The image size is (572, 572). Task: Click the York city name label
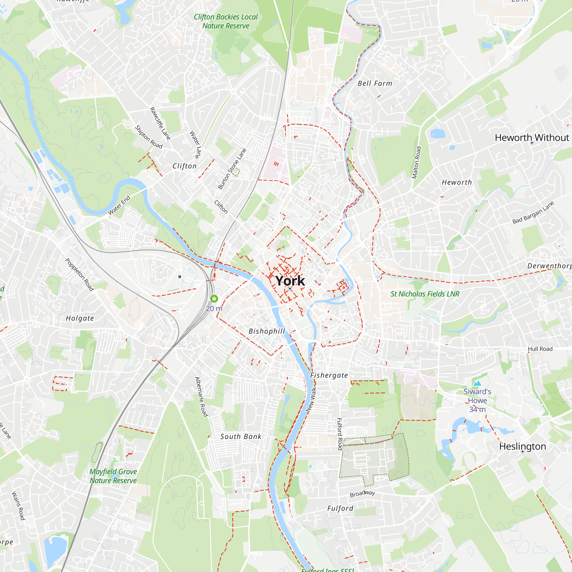(290, 281)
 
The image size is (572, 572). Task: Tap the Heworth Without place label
(532, 138)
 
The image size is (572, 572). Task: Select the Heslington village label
(523, 446)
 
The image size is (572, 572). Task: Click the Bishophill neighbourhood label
(267, 331)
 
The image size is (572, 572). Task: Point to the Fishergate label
(329, 375)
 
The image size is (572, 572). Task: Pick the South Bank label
(241, 436)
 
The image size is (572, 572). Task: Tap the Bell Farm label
(375, 84)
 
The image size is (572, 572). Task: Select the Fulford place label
(340, 508)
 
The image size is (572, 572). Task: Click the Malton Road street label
(417, 162)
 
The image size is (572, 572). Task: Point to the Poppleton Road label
(79, 275)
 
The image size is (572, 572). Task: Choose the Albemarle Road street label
(201, 397)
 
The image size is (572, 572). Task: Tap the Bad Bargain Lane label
(533, 212)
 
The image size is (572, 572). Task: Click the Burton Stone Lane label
(232, 169)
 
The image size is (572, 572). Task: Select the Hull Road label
(540, 349)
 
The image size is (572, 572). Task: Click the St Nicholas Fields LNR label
(425, 294)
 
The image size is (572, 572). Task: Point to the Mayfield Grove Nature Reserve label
(113, 476)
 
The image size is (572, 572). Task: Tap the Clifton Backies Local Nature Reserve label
(226, 21)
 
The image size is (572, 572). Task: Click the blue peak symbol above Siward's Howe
(477, 384)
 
